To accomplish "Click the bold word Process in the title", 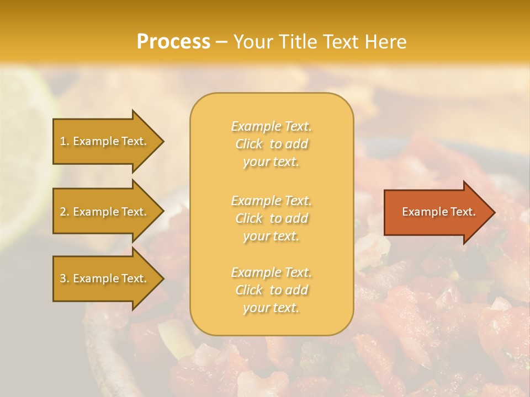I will click(x=173, y=42).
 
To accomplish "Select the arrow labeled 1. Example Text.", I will click(x=105, y=141).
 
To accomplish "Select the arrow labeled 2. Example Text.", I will click(x=105, y=212).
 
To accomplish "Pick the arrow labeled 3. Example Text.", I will click(x=105, y=278).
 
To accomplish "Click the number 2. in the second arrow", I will click(x=65, y=212).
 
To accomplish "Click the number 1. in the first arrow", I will click(x=65, y=141).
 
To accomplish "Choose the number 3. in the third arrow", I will click(x=65, y=278).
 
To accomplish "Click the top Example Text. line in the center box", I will click(x=271, y=126).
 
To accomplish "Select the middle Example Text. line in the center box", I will click(x=271, y=201).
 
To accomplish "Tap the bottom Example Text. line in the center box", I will click(x=271, y=272).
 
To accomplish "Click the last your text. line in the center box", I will click(x=271, y=308).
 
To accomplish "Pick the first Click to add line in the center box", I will click(x=271, y=144).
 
